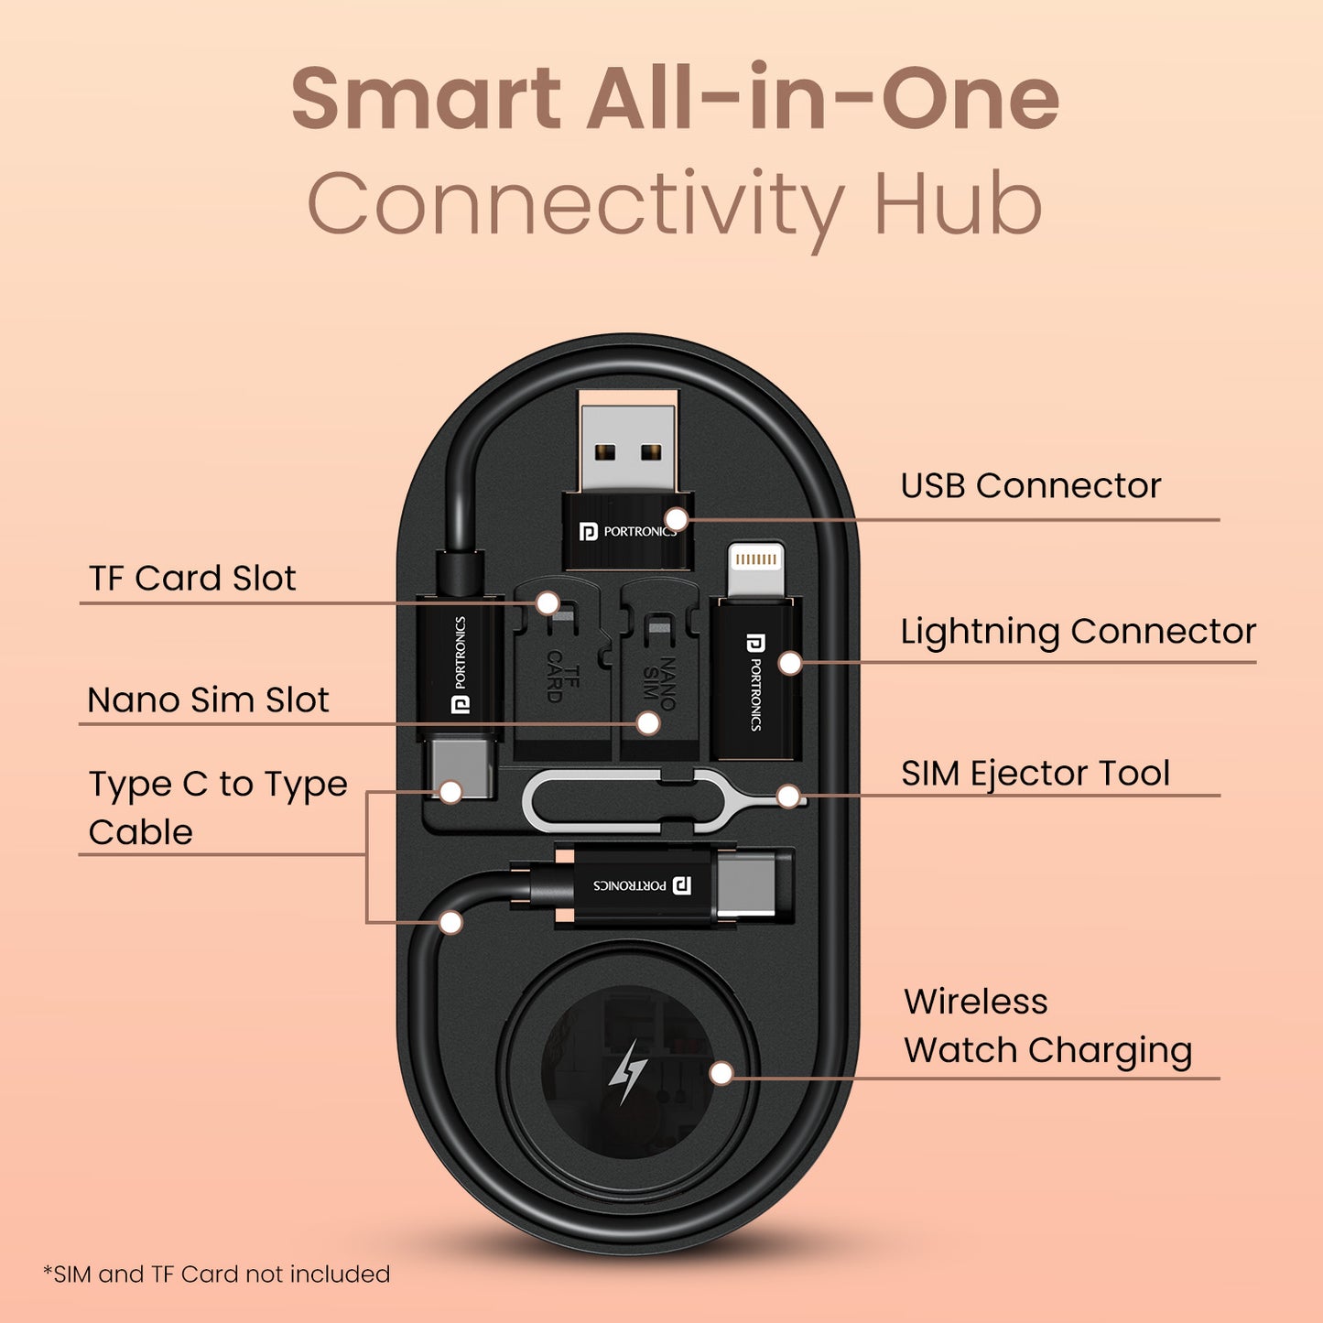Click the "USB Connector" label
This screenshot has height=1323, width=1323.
point(1030,486)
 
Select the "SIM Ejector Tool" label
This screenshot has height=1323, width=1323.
point(1036,774)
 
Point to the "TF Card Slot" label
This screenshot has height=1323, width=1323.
point(192,578)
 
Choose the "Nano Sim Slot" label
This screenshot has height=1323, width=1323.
point(208,699)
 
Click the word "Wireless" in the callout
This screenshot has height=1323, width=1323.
point(976,1001)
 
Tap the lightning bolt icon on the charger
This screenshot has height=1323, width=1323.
point(627,1072)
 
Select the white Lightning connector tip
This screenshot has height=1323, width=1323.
point(756,569)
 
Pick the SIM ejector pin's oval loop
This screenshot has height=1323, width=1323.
point(591,802)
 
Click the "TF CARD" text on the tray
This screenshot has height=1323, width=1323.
point(563,677)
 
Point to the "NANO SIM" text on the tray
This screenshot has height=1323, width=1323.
point(658,683)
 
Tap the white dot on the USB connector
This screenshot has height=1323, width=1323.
point(677,520)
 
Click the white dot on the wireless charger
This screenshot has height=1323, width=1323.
point(721,1074)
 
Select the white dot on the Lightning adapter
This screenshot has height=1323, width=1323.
point(790,663)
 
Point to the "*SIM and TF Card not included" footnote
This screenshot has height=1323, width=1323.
point(216,1274)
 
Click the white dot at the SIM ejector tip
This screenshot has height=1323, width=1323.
point(789,797)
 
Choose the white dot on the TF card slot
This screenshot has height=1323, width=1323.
point(548,603)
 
